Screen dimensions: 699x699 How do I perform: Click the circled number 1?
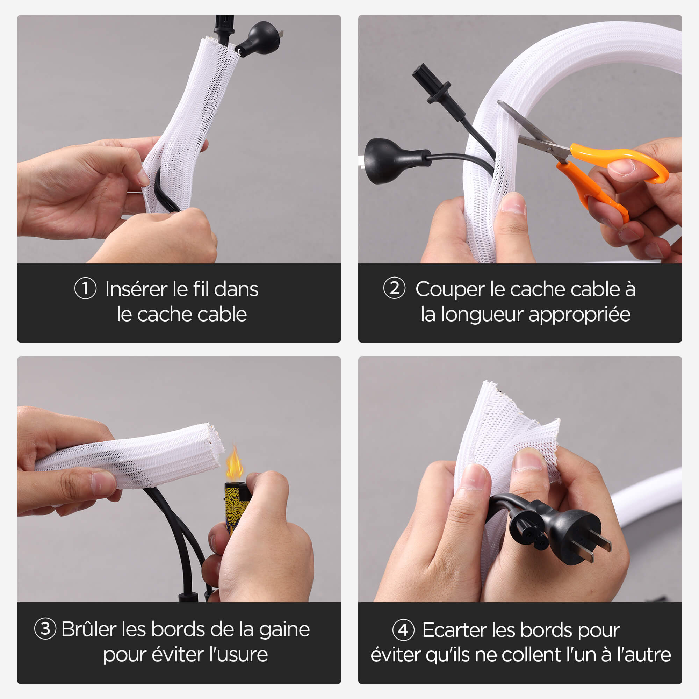coord(85,288)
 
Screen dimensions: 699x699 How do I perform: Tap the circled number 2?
coord(394,288)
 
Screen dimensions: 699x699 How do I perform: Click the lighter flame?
coord(234,464)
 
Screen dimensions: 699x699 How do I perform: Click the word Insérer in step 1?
coord(136,289)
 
